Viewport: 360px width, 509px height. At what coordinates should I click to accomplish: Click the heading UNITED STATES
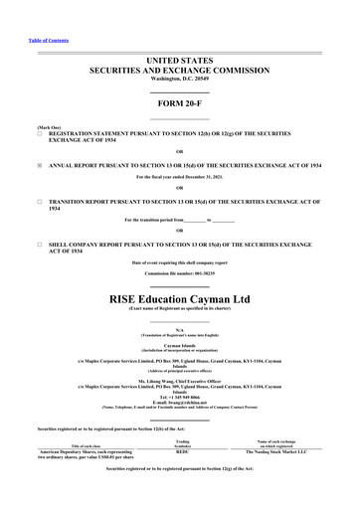[179, 61]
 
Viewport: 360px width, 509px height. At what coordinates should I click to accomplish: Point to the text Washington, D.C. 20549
[179, 83]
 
